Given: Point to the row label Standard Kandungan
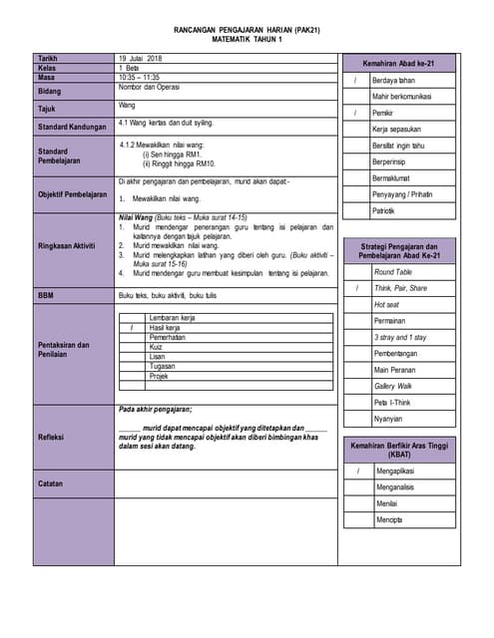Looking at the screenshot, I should pyautogui.click(x=72, y=127).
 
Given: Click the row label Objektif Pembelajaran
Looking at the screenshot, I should pyautogui.click(x=72, y=194).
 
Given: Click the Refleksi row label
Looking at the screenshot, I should pyautogui.click(x=52, y=437).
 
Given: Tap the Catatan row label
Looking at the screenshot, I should pyautogui.click(x=52, y=483).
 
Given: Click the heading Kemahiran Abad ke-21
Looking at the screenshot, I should pyautogui.click(x=398, y=63).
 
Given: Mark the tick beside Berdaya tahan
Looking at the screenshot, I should pyautogui.click(x=355, y=80).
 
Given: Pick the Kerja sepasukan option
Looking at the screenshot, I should pyautogui.click(x=396, y=130).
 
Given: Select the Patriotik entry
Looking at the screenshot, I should pyautogui.click(x=385, y=212).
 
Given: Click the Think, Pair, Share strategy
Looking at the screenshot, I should pyautogui.click(x=400, y=288).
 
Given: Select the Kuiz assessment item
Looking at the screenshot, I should pyautogui.click(x=157, y=347).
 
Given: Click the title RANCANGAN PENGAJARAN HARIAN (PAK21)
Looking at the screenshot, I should pyautogui.click(x=247, y=32).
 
